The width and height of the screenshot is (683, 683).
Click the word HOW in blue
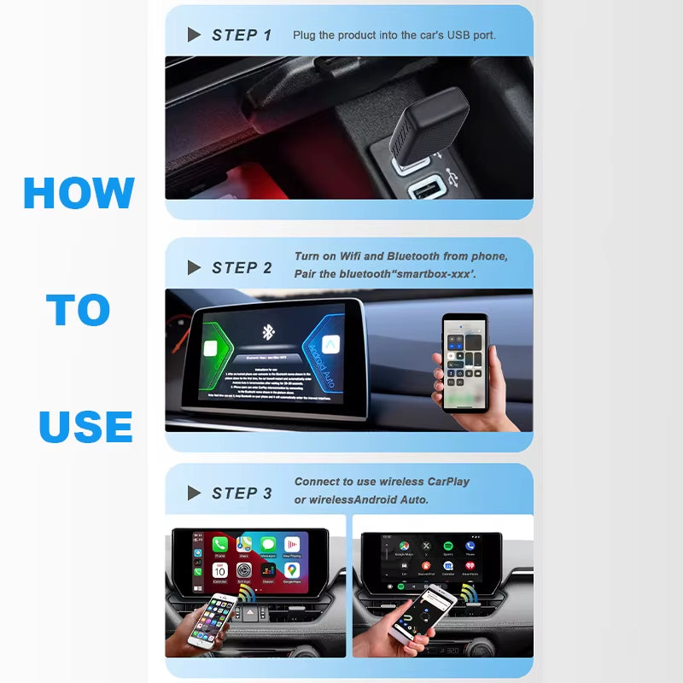click(79, 193)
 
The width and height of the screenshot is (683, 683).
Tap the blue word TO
click(79, 310)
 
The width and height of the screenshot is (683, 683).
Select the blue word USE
click(85, 426)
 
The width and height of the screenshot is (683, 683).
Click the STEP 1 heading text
click(242, 35)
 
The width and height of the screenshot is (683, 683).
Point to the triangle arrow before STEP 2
click(194, 268)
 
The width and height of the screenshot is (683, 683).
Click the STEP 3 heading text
click(242, 493)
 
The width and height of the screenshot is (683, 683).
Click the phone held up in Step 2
click(464, 359)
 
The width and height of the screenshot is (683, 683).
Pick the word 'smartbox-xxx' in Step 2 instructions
click(435, 273)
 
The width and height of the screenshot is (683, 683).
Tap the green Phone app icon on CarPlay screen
click(220, 545)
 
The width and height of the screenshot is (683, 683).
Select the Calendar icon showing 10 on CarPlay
click(220, 570)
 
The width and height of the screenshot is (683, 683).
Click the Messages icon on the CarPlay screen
click(268, 545)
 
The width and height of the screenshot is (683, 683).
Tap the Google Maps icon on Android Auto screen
click(404, 546)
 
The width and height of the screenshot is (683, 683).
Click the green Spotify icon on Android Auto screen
click(448, 546)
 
